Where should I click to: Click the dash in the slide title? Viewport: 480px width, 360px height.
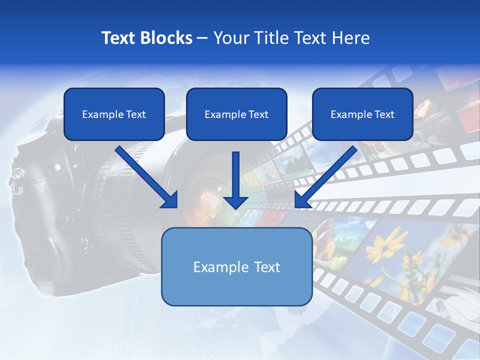click(x=202, y=38)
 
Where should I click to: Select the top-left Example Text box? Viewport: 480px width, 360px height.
click(x=114, y=114)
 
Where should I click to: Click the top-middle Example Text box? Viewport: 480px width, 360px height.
click(x=236, y=114)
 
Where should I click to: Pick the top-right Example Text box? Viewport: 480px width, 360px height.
click(x=362, y=114)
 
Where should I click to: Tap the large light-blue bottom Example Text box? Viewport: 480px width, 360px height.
click(x=236, y=266)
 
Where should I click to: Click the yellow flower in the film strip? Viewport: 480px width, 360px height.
click(x=387, y=245)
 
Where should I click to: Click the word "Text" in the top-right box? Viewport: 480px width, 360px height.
click(x=384, y=114)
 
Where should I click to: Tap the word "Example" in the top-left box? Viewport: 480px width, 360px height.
click(x=103, y=114)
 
